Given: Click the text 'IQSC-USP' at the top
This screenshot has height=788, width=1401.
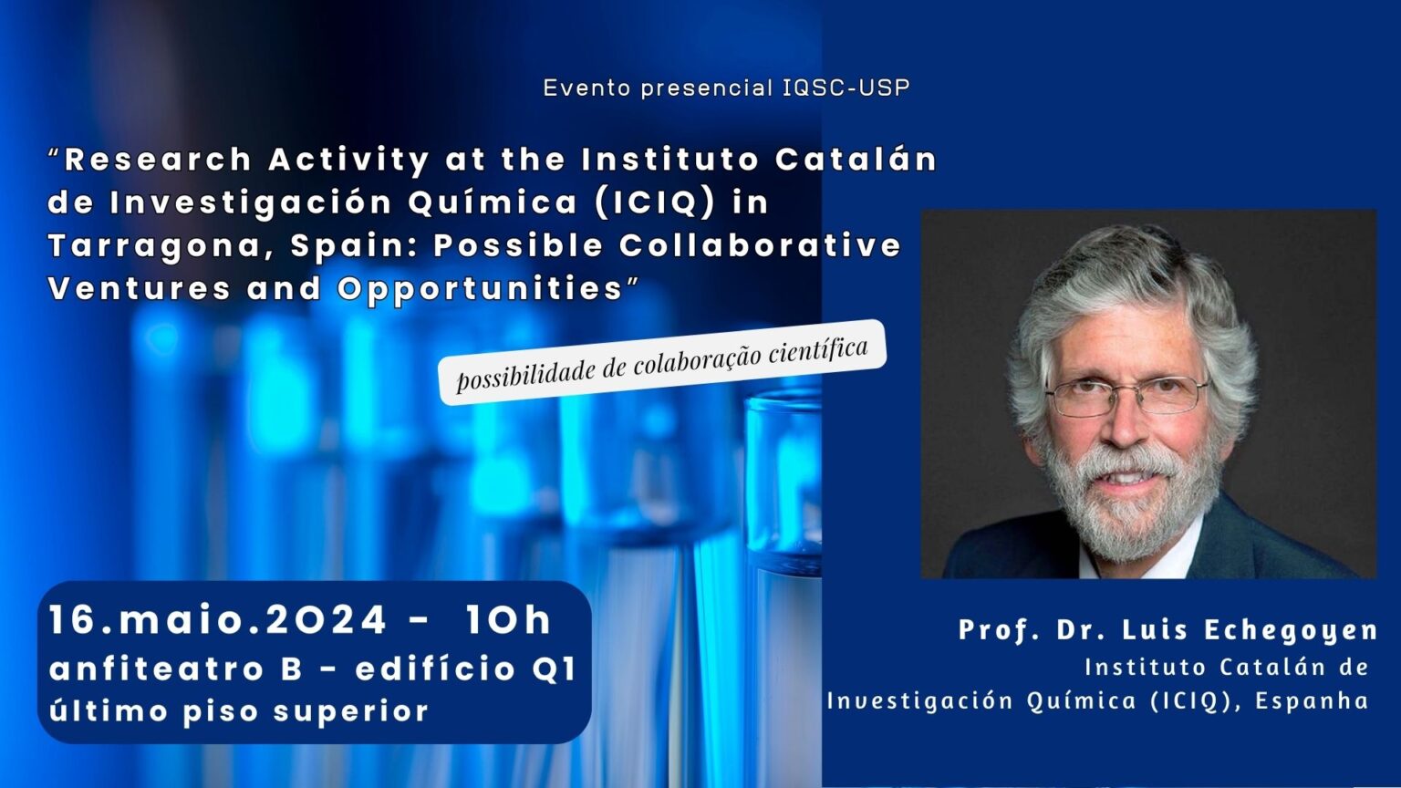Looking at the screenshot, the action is coord(846,88).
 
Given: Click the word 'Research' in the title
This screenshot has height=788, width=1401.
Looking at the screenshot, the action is coord(158,159).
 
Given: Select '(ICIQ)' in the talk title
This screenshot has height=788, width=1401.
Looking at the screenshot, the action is coord(654,202).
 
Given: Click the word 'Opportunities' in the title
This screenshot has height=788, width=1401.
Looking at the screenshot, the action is coord(480,289).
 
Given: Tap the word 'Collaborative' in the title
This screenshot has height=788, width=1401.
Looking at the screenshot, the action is coord(760,244).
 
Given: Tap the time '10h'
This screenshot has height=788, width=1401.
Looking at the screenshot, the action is coord(508,620).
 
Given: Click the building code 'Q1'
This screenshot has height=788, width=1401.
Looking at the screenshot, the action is coord(553,669).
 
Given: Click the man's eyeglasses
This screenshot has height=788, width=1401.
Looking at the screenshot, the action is coord(1126,395).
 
